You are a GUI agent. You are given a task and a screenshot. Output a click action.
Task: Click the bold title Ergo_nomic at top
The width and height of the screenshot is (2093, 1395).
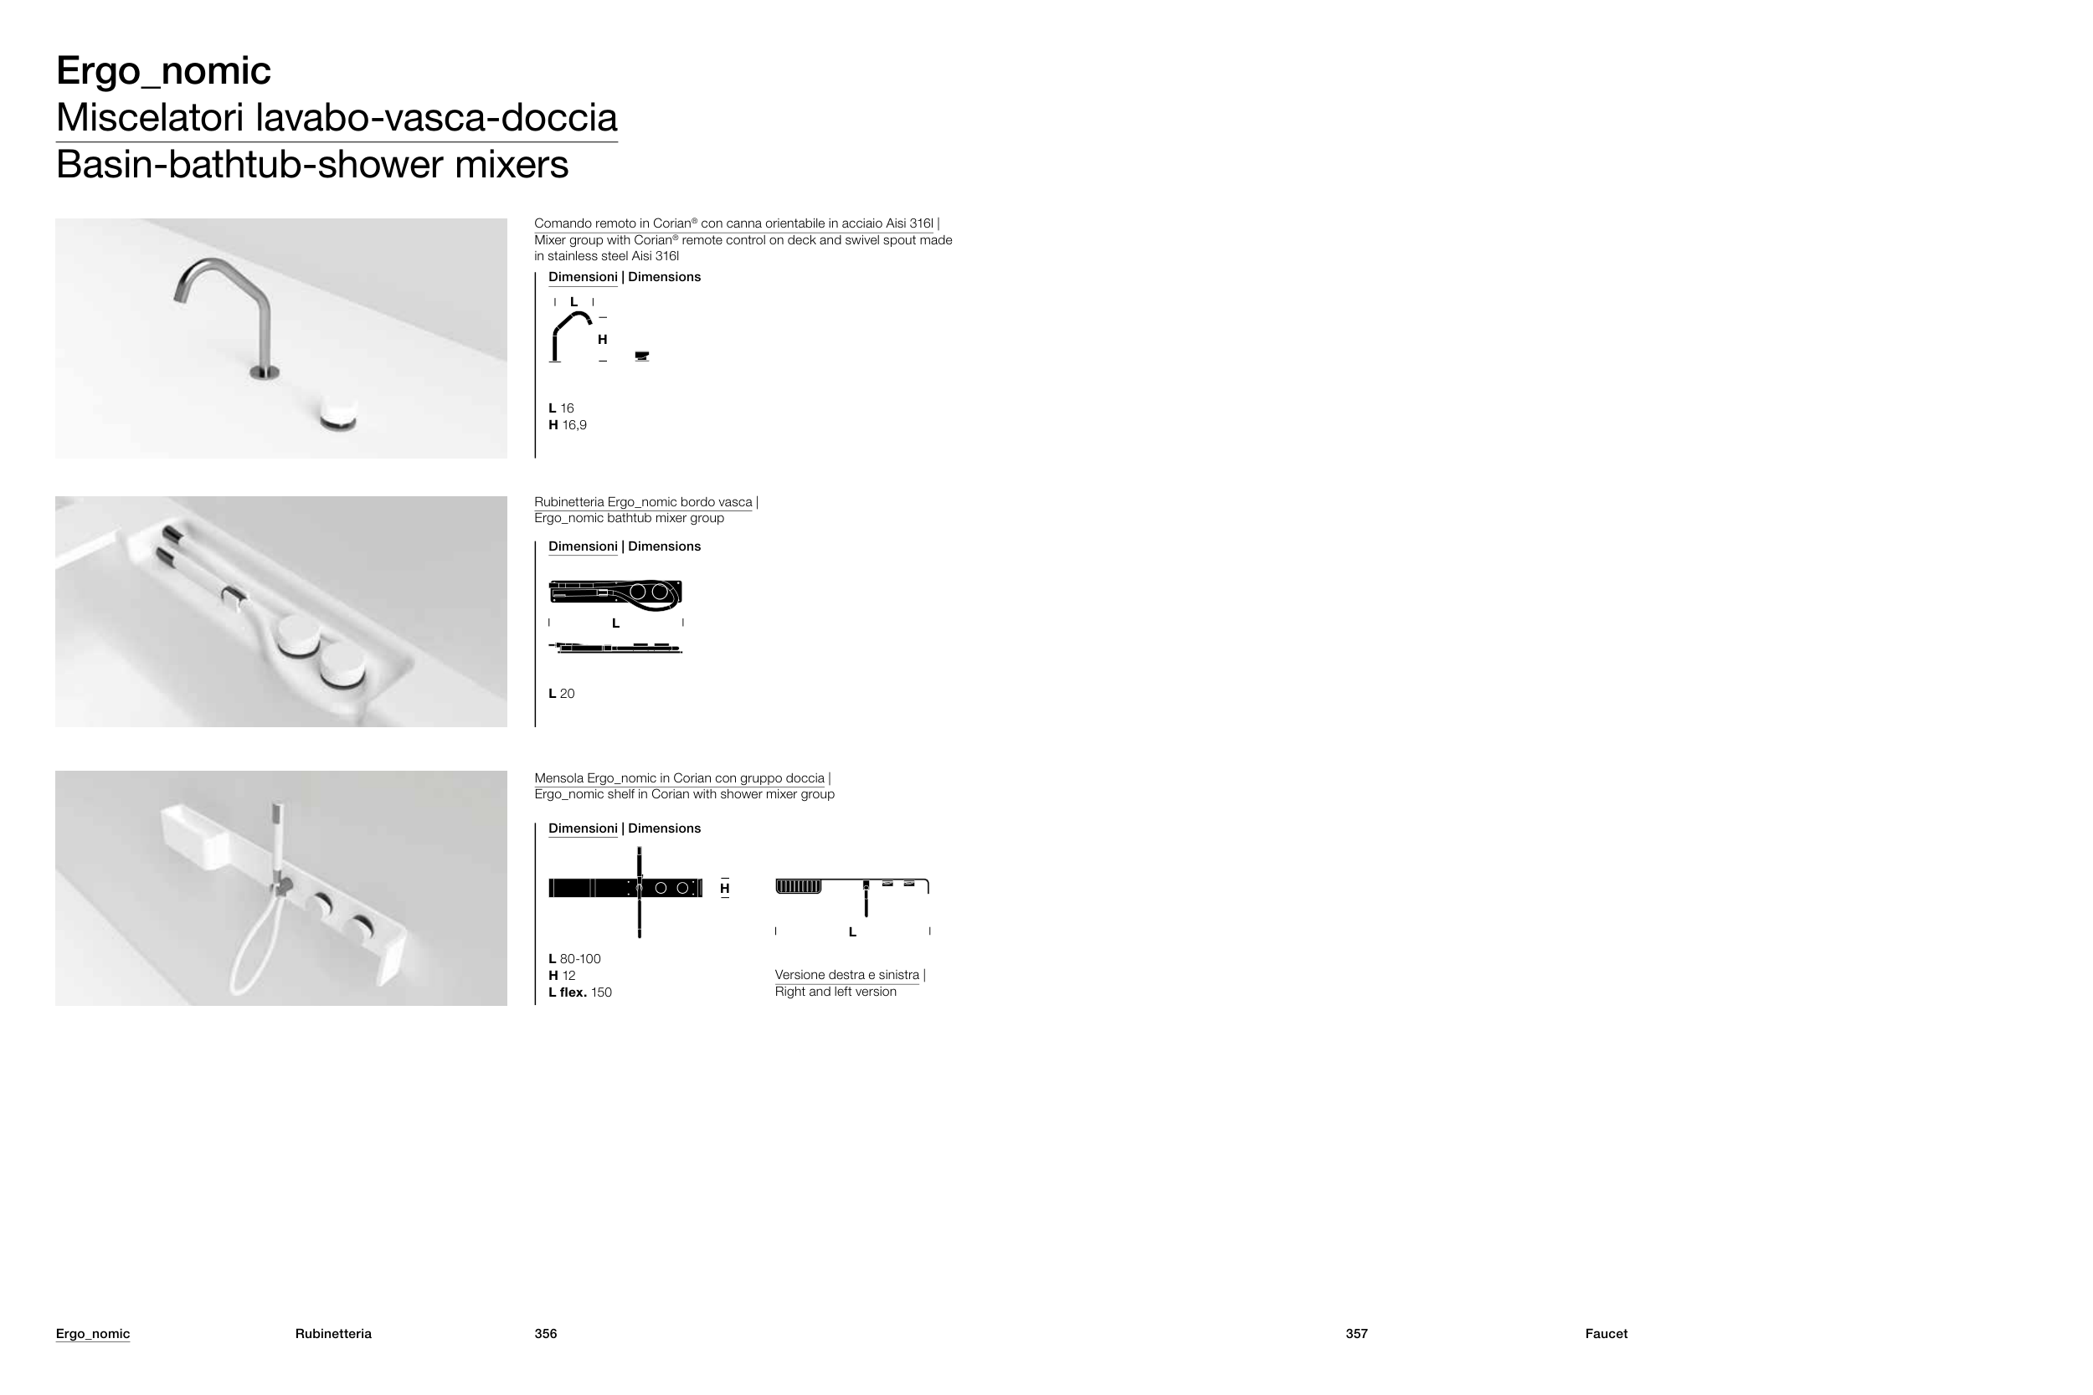click(x=164, y=71)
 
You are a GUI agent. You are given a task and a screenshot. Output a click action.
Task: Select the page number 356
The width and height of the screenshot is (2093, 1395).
click(x=546, y=1334)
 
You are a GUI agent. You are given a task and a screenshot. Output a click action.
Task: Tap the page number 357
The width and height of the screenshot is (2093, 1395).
click(x=1356, y=1334)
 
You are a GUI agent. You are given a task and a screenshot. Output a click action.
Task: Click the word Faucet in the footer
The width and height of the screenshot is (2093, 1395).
click(x=1607, y=1334)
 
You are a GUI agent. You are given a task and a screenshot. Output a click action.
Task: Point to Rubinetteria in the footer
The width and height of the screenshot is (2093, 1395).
click(x=333, y=1334)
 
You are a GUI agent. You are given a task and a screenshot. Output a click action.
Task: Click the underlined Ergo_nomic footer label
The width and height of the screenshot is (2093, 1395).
click(x=93, y=1334)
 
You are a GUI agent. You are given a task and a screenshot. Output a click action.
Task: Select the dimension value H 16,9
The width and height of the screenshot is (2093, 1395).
click(x=568, y=425)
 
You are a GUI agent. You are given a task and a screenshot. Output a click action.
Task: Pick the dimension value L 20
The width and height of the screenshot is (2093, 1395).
click(x=562, y=694)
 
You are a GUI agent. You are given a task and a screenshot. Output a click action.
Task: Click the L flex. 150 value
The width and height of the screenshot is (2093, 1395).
click(x=580, y=992)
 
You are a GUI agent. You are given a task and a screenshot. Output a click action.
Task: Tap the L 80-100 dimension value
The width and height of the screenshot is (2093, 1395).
click(x=575, y=959)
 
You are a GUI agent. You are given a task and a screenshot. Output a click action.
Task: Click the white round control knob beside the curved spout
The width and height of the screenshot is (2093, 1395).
click(x=338, y=413)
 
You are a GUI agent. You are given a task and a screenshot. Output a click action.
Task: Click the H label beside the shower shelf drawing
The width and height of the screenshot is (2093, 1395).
click(x=724, y=889)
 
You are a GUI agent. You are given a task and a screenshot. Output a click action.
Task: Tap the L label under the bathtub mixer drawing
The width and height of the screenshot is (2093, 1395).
click(x=616, y=623)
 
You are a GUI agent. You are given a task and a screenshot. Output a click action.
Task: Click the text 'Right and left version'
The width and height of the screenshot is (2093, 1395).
click(x=836, y=992)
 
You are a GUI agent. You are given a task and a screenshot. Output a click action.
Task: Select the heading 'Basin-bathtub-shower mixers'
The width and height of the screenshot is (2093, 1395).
click(x=312, y=166)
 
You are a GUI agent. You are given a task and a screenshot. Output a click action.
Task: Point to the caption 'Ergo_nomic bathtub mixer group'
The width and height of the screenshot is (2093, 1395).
click(x=629, y=519)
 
